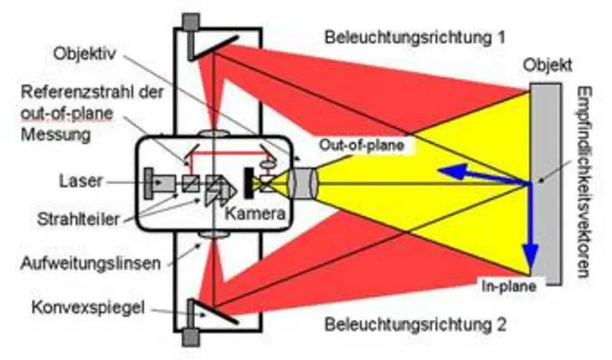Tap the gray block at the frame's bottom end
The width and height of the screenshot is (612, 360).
192,337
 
